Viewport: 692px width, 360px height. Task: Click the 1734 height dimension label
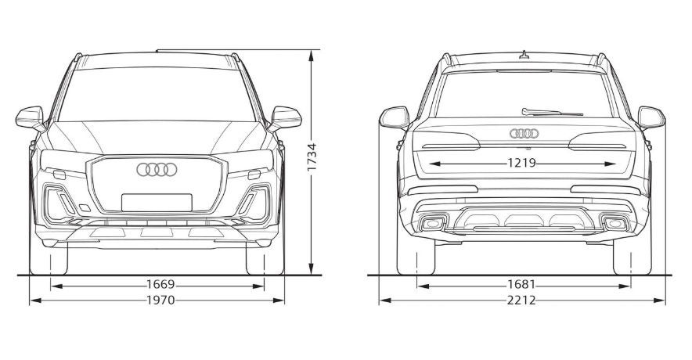(x=312, y=157)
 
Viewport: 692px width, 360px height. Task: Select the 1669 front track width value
(x=160, y=285)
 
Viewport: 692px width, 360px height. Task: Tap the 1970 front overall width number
(x=160, y=301)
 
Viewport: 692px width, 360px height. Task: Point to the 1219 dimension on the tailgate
(x=521, y=164)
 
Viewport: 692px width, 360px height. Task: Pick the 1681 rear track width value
(x=521, y=285)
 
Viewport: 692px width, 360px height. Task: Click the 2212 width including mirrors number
(x=521, y=301)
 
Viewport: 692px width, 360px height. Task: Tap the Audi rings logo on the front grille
(x=157, y=169)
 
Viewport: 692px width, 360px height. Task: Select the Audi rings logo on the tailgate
(x=524, y=133)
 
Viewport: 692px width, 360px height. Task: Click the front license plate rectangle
(x=157, y=203)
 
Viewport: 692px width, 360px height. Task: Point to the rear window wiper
(x=552, y=112)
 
